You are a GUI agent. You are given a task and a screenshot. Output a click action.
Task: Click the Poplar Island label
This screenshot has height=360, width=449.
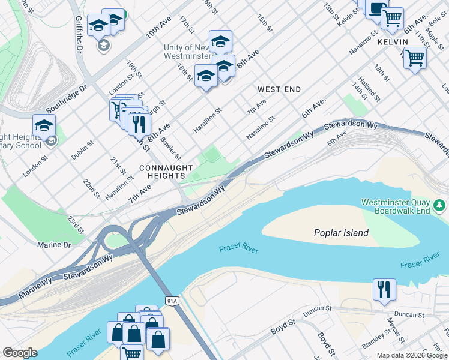click(341, 233)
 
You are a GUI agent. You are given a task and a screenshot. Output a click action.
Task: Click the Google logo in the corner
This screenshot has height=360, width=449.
click(20, 353)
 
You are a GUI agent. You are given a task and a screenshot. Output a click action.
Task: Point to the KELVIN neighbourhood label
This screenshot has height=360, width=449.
click(393, 42)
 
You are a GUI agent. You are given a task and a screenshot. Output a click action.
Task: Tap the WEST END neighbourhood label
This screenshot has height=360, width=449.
click(279, 89)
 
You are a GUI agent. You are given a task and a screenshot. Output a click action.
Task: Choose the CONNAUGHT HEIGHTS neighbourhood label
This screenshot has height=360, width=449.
click(166, 172)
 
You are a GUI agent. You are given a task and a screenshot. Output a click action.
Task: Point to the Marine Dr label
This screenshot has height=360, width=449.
click(54, 245)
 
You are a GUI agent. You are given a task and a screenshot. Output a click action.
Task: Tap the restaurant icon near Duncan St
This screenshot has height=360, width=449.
click(384, 290)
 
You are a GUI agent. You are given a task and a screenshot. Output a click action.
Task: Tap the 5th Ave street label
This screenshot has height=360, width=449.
click(337, 139)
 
